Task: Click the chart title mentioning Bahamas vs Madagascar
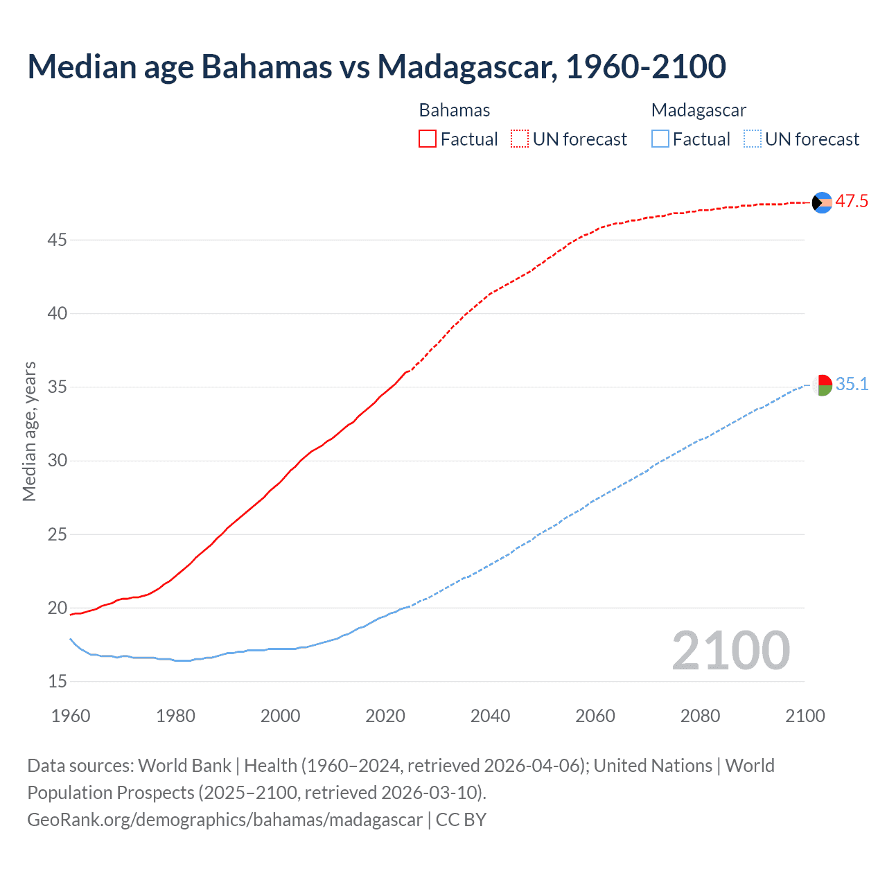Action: pos(376,67)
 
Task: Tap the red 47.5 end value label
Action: pos(851,202)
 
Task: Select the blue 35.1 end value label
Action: pos(852,385)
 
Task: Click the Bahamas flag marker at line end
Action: pos(822,202)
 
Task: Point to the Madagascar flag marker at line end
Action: pos(822,385)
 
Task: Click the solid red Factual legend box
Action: pos(428,139)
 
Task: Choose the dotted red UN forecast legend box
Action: pos(520,139)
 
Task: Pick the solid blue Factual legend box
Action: pos(660,139)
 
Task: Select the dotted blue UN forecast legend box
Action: pos(752,139)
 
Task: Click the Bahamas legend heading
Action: pos(455,110)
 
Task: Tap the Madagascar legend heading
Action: pos(699,110)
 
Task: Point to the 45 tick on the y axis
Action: pos(58,240)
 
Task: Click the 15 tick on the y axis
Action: pos(58,682)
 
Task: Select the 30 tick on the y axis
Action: pos(58,461)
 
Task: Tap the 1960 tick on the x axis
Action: pos(71,716)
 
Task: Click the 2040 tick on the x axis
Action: pos(490,716)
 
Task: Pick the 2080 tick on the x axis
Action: pos(700,716)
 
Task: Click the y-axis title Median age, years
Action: pos(29,431)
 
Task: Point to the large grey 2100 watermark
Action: pos(730,651)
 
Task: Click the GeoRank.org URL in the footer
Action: pos(225,820)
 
